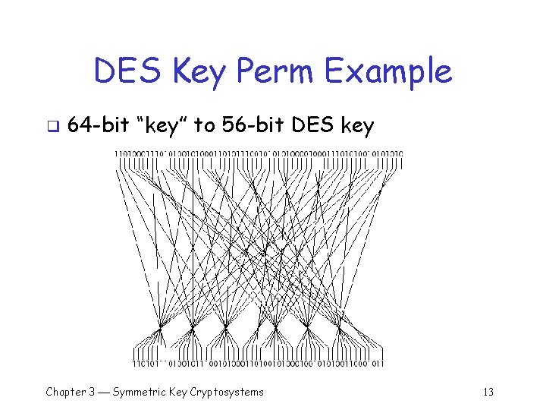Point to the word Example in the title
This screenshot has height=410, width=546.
pos(389,72)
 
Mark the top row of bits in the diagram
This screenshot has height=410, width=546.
pos(259,155)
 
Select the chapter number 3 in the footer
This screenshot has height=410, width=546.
pos(92,392)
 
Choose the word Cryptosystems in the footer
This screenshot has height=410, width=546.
pos(229,393)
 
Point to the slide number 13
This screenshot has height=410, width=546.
pos(488,392)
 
